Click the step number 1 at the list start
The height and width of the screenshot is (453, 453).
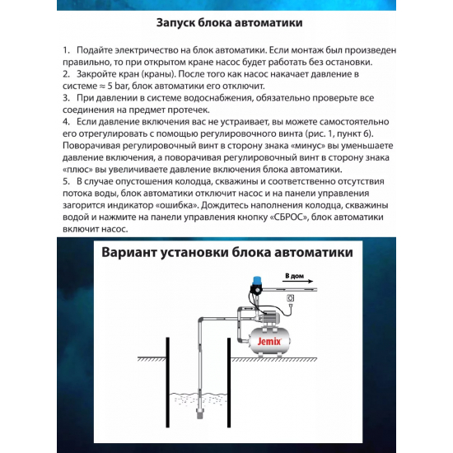(66, 51)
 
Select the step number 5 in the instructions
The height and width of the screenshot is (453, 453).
(66, 180)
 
